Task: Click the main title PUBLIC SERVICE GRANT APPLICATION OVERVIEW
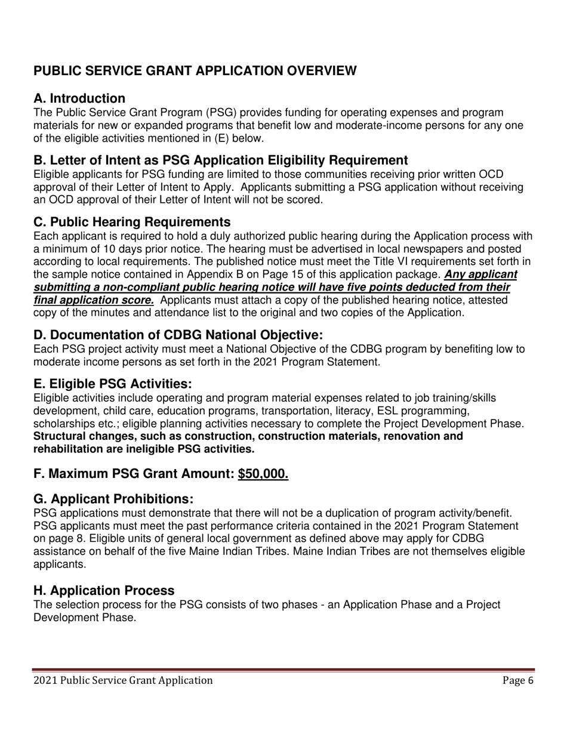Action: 195,71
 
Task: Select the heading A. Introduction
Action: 79,98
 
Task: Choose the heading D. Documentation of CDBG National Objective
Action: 178,335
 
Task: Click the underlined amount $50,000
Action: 263,474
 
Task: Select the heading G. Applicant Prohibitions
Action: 113,499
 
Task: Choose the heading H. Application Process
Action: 104,591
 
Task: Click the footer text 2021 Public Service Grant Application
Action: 123,680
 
